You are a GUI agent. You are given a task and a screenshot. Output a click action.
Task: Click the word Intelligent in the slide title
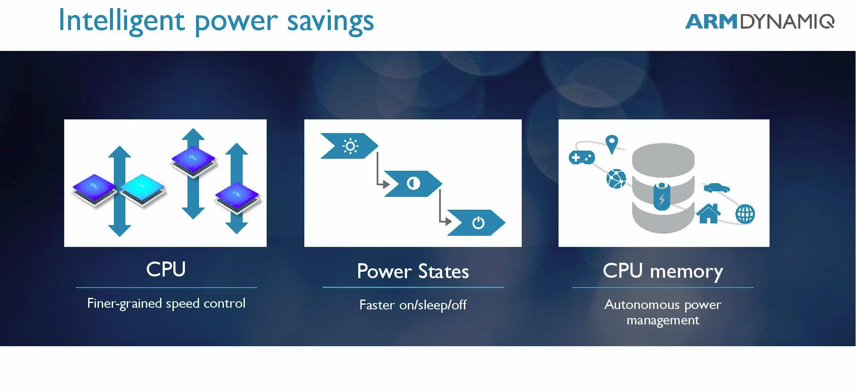click(121, 21)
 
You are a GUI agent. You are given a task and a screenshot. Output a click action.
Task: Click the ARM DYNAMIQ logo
click(760, 21)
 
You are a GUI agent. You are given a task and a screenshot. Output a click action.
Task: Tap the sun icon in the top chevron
click(350, 146)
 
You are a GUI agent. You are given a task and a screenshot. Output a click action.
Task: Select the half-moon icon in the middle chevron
click(413, 184)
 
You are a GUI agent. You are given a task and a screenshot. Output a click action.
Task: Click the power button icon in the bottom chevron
click(478, 223)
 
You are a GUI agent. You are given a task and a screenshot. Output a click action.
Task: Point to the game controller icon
click(582, 157)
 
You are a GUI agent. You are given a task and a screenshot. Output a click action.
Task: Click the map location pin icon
click(612, 144)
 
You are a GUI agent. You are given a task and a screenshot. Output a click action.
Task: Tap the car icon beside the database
click(716, 187)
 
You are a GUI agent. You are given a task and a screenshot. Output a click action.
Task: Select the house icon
click(708, 213)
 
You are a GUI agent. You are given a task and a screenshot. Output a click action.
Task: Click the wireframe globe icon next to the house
click(745, 214)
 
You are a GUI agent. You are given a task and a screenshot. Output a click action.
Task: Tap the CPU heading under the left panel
click(166, 269)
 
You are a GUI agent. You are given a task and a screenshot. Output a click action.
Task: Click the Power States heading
click(413, 271)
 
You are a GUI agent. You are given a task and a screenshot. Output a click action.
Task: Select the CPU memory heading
click(663, 271)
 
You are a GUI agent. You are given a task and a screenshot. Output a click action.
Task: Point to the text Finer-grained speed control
click(166, 303)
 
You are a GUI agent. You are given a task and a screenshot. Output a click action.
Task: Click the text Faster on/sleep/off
click(413, 305)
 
